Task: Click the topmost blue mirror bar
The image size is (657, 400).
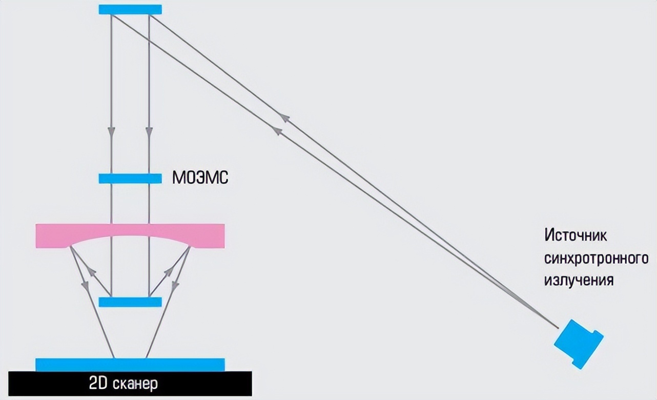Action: click(x=130, y=10)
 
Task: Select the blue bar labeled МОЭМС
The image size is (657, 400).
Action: click(x=130, y=178)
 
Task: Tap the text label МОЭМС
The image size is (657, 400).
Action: click(x=200, y=178)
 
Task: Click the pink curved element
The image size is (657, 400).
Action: click(x=130, y=234)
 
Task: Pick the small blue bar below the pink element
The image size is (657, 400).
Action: click(x=130, y=302)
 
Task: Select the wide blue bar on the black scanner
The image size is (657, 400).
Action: click(x=130, y=364)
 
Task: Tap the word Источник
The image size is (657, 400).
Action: click(x=576, y=236)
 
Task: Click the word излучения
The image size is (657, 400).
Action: click(x=579, y=281)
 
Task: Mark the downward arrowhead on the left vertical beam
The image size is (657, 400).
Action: click(x=111, y=132)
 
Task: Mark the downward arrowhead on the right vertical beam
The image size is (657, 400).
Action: click(x=149, y=132)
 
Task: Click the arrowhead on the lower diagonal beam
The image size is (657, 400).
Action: click(x=277, y=131)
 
